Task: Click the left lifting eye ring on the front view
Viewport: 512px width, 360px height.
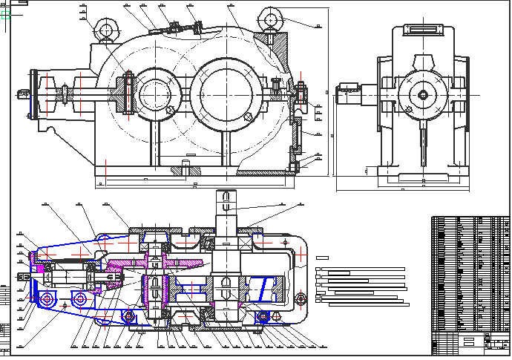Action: click(105, 30)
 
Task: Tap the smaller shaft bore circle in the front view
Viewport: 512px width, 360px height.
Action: click(154, 93)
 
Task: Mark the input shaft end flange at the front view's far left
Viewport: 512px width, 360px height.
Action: click(33, 94)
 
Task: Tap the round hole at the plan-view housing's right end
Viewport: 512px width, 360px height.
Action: click(301, 298)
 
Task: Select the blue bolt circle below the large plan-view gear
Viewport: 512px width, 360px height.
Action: click(263, 317)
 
